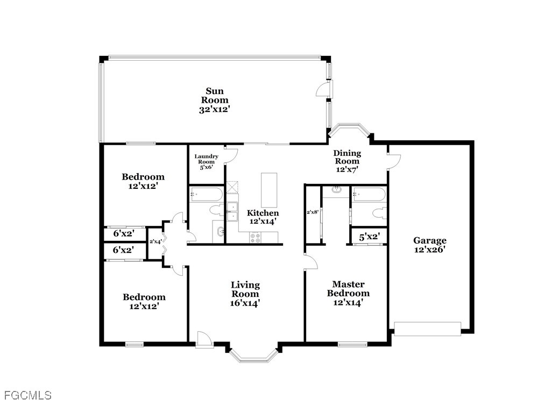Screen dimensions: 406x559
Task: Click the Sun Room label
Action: pos(215,100)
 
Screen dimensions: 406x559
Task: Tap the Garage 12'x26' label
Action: pos(429,245)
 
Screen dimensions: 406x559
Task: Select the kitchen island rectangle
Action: pos(269,190)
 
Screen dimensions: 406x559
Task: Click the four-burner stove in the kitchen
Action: pos(256,237)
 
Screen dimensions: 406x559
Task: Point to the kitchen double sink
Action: pos(233,211)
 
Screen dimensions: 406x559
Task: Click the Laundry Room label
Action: pos(207,161)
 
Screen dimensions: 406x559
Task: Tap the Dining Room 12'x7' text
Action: pos(347,161)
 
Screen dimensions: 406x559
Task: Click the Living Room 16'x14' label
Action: pos(245,294)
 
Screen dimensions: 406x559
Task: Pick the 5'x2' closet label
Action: pos(369,236)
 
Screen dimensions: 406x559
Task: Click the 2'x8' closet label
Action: pos(313,212)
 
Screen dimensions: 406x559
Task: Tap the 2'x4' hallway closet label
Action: pos(155,241)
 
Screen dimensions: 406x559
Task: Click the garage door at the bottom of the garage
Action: pos(428,329)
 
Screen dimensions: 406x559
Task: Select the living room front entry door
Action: pos(204,340)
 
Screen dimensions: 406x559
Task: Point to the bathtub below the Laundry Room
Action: pos(206,194)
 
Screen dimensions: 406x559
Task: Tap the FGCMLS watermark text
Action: pos(26,396)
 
